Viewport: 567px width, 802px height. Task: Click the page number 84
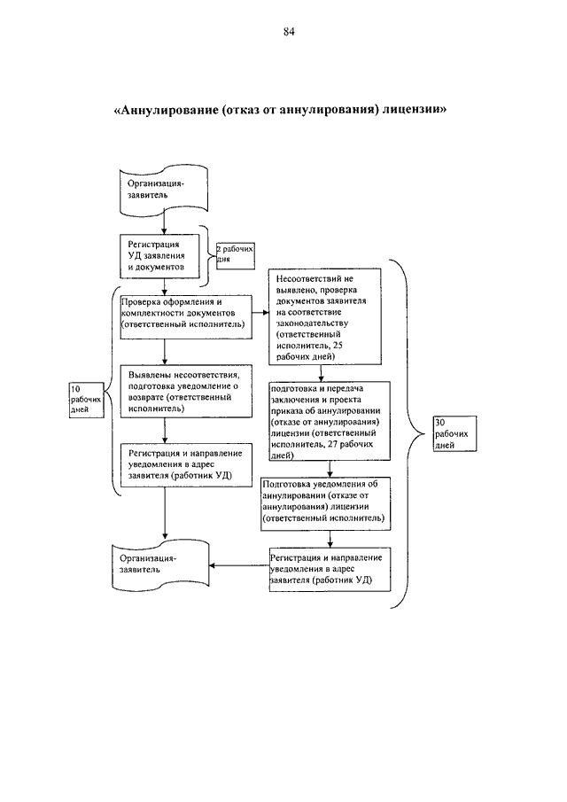pos(289,32)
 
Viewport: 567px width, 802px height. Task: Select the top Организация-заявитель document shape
pos(164,191)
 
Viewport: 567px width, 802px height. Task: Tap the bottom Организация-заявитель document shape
pos(160,565)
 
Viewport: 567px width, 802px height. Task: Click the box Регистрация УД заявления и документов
pos(160,256)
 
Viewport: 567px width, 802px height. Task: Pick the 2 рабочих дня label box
pos(235,256)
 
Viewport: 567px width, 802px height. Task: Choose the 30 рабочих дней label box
pos(455,433)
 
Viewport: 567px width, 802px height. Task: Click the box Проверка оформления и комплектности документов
pos(186,316)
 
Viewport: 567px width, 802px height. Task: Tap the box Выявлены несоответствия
pos(186,392)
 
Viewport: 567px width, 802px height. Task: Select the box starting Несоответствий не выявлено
pos(325,316)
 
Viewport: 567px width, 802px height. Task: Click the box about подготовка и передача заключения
pos(330,422)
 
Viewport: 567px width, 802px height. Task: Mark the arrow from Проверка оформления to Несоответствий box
pos(260,313)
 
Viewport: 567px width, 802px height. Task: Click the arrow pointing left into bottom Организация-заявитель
pos(239,565)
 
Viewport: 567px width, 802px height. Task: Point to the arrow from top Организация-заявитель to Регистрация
pos(164,223)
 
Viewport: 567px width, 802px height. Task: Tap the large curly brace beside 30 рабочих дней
pos(407,433)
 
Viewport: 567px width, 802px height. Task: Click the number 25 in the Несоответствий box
pos(338,346)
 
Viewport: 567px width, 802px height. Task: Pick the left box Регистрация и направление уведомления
pos(186,465)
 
